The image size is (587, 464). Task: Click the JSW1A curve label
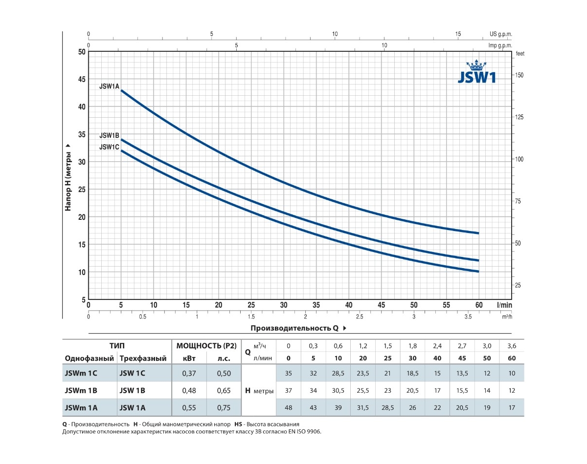109,86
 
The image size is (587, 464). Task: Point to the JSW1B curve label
109,135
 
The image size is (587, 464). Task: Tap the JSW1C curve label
109,147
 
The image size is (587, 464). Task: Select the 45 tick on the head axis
81,79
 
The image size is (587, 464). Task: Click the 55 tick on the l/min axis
446,305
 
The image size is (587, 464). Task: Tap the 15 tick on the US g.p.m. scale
458,34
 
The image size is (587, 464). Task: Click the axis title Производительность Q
295,328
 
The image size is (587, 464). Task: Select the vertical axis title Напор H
68,177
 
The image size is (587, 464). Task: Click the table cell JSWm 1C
81,374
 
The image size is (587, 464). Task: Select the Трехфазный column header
143,359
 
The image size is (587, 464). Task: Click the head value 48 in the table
289,408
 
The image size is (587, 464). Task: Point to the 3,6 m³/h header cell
511,346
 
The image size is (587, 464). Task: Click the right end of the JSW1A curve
478,233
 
